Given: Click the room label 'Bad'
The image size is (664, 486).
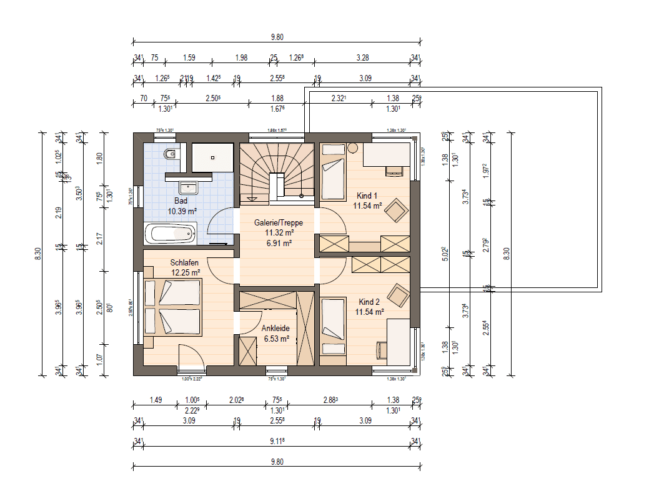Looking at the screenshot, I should point(181,201).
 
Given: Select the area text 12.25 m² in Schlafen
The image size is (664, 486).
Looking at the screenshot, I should point(186,273).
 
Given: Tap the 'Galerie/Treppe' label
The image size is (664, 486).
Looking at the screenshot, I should point(278,222).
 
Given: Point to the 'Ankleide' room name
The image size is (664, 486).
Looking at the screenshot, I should point(275,328).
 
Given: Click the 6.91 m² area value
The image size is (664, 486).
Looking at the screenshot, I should point(278,244).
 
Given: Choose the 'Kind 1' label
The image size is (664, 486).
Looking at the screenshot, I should point(367,195).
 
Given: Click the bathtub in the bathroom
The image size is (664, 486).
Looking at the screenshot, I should point(171,235).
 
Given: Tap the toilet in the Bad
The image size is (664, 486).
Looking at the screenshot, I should point(170,154).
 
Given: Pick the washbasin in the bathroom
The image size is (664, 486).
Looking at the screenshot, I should point(187,187).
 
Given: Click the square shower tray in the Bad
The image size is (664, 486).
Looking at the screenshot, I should point(212,157).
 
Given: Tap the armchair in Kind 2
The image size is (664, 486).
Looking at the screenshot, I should point(397,292).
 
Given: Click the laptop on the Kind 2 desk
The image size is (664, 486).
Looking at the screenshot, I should point(382,350).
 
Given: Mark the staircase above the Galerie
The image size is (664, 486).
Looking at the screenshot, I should point(279,171).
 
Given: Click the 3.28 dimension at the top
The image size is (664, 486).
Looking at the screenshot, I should point(362,58).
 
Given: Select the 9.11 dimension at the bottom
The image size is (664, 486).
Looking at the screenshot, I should point(279,441).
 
